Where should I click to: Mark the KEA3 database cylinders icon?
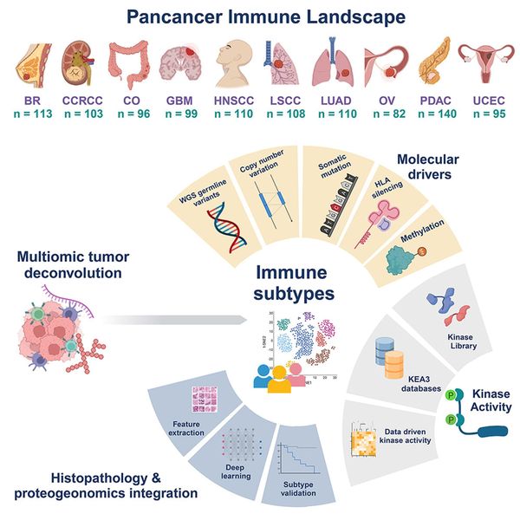click(x=400, y=356)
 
